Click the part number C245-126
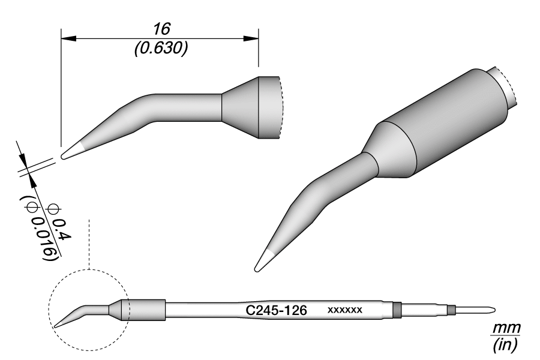pyautogui.click(x=277, y=311)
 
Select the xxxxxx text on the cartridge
pyautogui.click(x=344, y=311)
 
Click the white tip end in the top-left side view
pyautogui.click(x=70, y=151)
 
